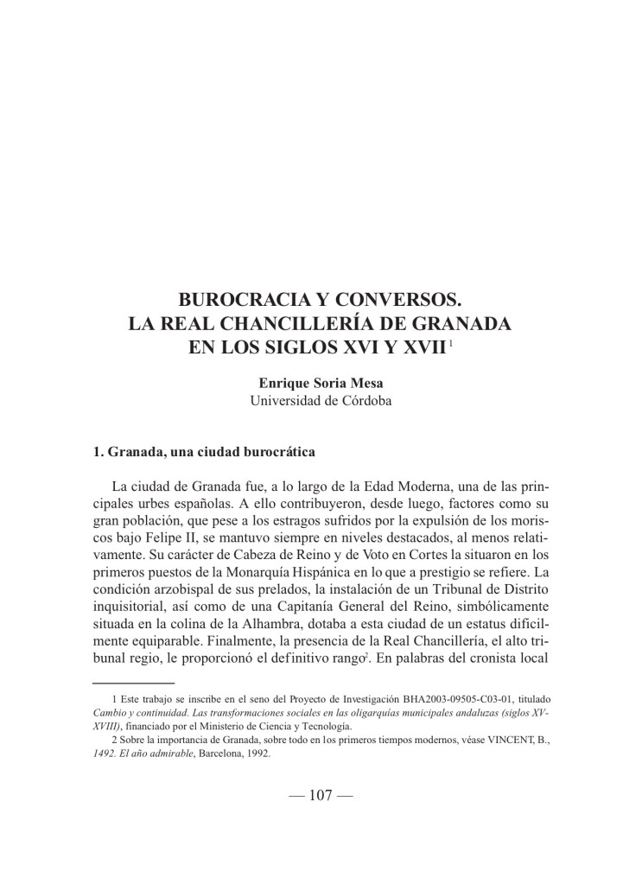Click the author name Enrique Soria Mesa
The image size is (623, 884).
tap(311, 382)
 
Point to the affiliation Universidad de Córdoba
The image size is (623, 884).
tap(311, 400)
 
